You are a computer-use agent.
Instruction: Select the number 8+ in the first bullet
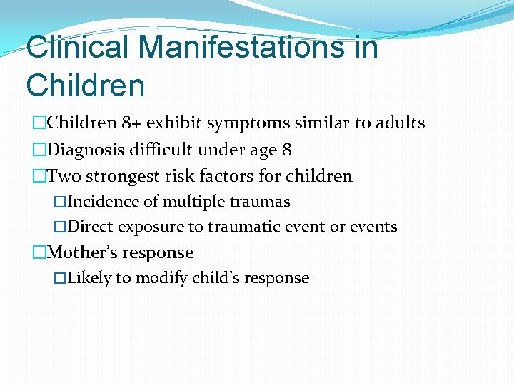[131, 123]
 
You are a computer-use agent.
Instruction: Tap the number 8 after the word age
[286, 150]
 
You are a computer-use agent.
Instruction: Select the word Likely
[89, 278]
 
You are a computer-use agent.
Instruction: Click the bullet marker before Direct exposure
[60, 227]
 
